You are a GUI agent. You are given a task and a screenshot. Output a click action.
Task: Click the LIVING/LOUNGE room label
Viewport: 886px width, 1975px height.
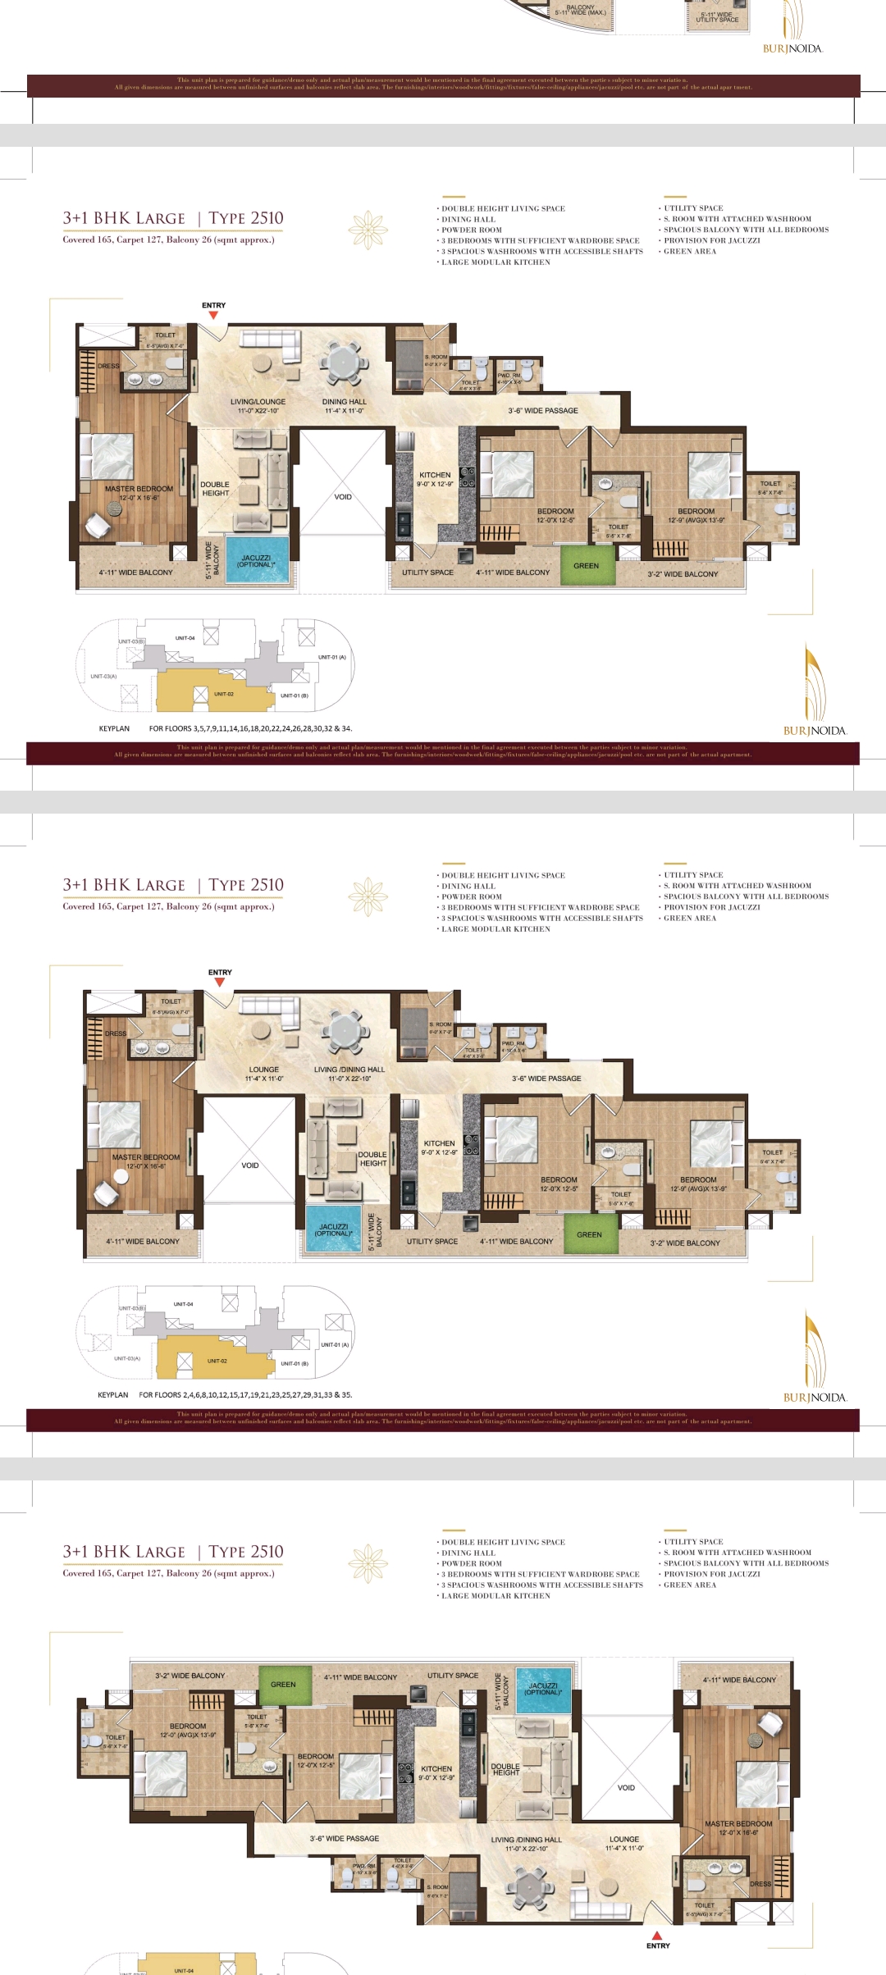point(258,406)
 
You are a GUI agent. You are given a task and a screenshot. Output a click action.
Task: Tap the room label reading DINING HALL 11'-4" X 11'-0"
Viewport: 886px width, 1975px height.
point(344,406)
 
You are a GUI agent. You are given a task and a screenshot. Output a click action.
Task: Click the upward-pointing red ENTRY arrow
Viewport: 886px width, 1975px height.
point(657,1935)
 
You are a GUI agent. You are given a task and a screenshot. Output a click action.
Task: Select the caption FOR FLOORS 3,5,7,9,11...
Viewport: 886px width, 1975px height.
point(250,728)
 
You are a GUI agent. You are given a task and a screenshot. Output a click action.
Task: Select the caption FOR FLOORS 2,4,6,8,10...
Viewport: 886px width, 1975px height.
point(245,1394)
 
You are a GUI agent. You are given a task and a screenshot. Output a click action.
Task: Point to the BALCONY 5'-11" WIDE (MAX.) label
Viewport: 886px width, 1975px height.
point(580,10)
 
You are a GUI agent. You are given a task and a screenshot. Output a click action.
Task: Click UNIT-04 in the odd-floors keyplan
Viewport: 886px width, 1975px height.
point(185,637)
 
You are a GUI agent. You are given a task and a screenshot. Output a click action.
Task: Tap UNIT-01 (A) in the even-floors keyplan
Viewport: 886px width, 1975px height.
point(335,1344)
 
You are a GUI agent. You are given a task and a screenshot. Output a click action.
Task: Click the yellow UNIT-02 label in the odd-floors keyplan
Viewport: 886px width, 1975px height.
point(224,694)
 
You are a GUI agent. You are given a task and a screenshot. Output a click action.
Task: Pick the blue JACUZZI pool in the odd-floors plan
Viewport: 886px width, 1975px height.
point(257,560)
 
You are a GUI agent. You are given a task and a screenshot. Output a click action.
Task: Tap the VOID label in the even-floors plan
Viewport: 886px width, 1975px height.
point(250,1165)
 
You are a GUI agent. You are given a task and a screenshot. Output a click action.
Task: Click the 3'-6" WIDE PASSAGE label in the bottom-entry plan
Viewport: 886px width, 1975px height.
point(344,1838)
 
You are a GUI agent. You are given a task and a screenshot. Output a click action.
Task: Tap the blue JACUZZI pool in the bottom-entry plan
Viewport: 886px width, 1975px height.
point(543,1689)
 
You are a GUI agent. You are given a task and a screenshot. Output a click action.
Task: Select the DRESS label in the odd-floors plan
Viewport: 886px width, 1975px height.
point(108,366)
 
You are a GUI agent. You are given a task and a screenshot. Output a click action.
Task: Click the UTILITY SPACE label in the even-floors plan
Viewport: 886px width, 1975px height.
point(432,1241)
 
